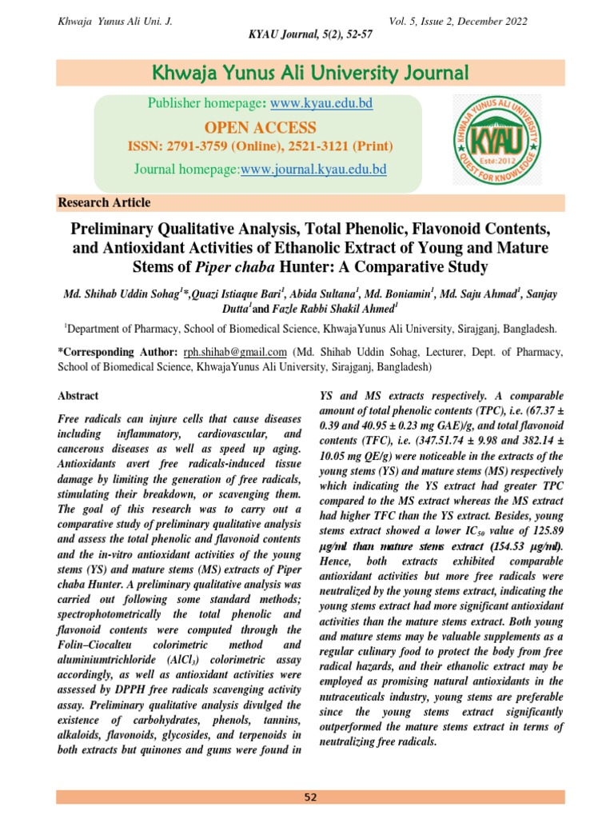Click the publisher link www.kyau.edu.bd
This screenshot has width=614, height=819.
point(321,104)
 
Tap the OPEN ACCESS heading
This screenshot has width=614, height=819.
point(260,128)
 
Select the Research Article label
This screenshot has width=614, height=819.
point(105,203)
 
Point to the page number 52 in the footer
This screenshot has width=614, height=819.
point(310,797)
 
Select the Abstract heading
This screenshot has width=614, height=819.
point(78,396)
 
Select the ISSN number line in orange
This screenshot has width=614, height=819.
point(260,147)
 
